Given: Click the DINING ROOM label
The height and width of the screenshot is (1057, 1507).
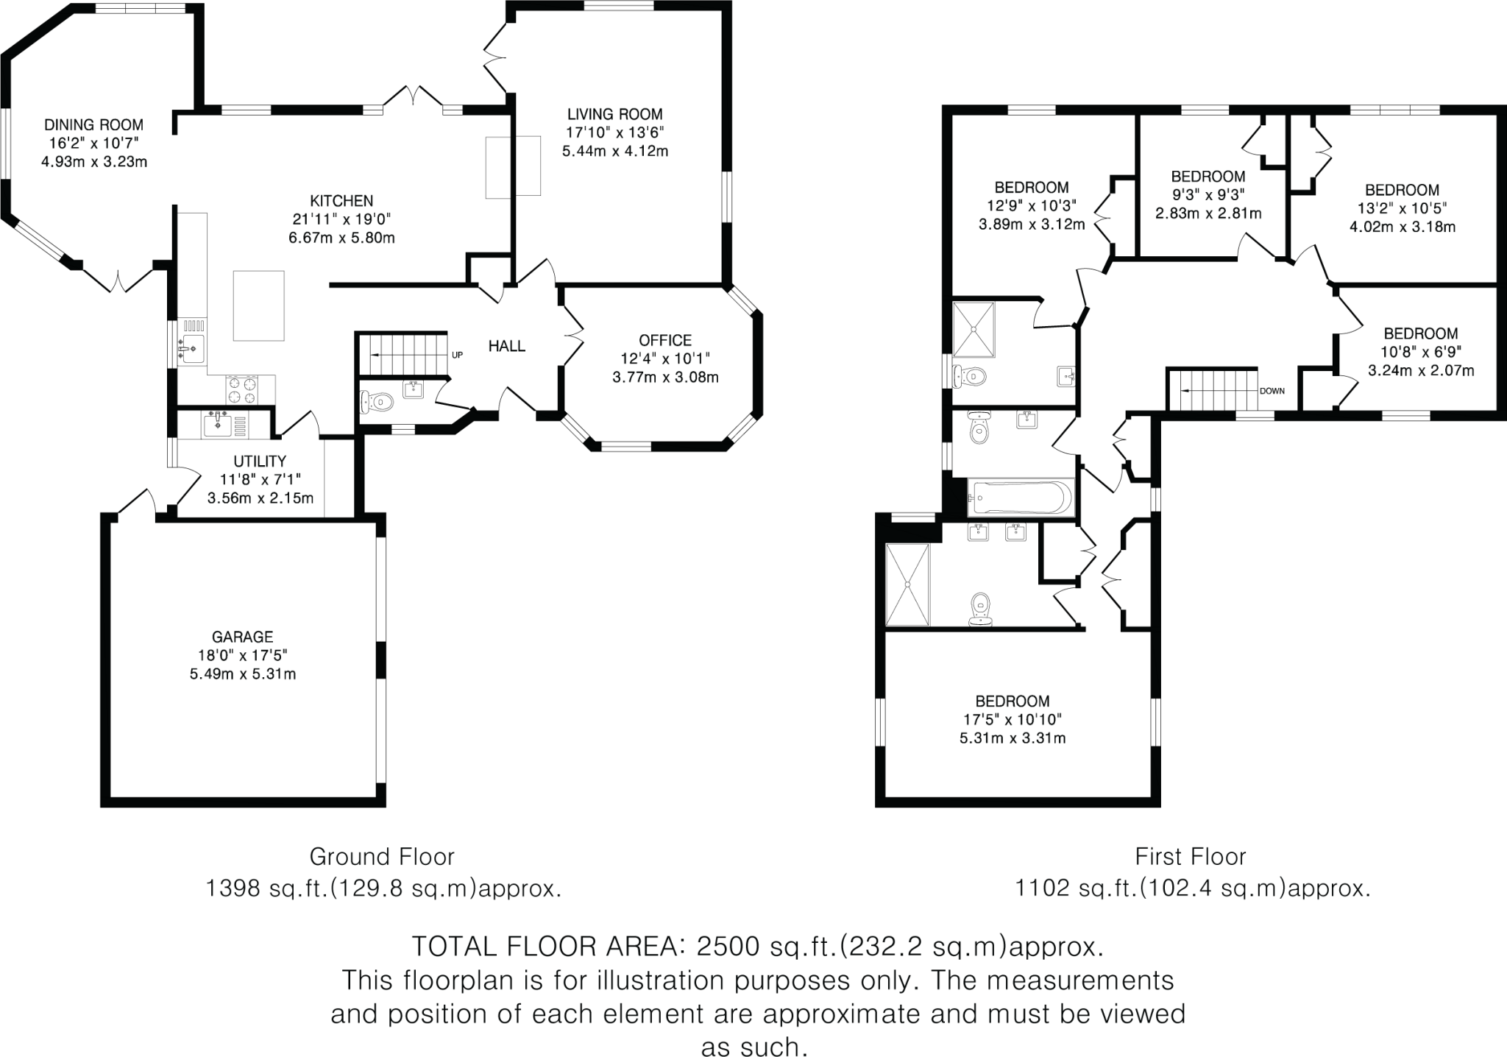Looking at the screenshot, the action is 93,124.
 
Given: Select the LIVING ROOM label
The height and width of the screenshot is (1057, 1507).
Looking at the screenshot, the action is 614,114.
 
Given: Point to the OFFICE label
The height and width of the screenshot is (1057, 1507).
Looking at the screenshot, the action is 665,340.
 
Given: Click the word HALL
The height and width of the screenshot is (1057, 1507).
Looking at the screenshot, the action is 507,344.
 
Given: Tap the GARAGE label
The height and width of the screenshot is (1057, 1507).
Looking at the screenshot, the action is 242,636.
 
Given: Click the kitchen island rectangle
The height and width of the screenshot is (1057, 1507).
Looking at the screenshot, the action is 259,305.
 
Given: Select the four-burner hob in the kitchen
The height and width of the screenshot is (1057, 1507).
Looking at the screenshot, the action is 242,389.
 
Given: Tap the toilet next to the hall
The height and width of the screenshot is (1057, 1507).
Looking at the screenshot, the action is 378,402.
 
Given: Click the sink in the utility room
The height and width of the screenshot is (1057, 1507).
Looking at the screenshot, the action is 218,424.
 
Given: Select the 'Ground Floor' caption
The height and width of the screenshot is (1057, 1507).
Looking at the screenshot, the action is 382,857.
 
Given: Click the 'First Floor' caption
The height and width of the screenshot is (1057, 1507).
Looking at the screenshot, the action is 1190,857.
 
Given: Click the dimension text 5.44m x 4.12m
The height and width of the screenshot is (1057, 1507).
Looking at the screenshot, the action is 614,152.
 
